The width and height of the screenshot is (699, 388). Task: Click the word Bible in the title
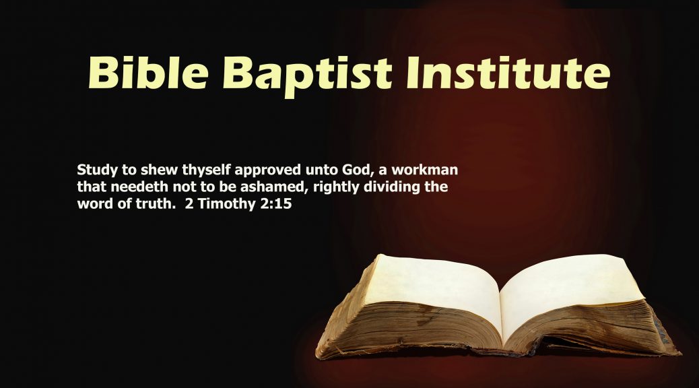coord(148,73)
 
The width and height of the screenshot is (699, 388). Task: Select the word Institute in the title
coord(508,73)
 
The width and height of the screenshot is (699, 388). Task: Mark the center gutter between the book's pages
coord(501,312)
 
